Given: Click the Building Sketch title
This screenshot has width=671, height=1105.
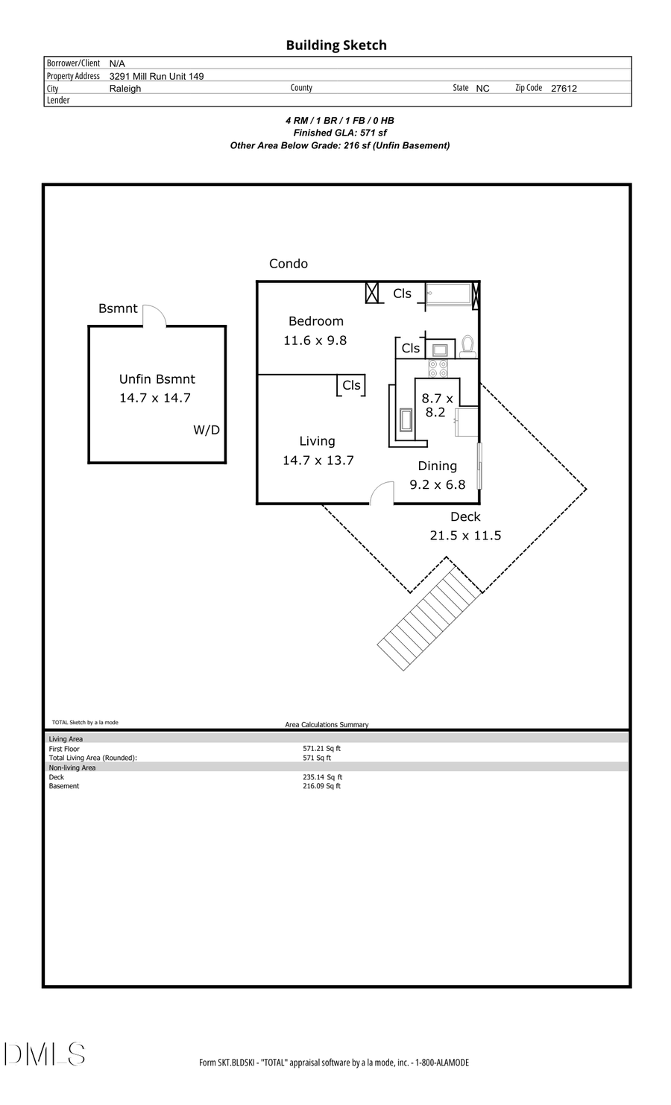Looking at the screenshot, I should (x=336, y=45).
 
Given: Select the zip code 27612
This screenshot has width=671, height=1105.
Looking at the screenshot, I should (x=564, y=88).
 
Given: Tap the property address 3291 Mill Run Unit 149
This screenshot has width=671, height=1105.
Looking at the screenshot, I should (x=157, y=76).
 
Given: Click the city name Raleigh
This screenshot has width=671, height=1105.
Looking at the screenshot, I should (x=125, y=88).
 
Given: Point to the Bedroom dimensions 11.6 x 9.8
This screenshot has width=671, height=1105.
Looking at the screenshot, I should (x=315, y=341).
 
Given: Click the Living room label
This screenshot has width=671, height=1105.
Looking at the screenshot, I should (x=317, y=441).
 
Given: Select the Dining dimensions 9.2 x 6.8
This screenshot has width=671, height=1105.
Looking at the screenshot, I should (x=438, y=484).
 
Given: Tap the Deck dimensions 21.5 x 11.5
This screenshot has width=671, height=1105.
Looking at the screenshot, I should (x=465, y=535).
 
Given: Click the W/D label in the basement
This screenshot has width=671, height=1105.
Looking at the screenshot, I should (x=207, y=430).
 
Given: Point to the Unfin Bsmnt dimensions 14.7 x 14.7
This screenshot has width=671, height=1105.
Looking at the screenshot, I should (x=155, y=398).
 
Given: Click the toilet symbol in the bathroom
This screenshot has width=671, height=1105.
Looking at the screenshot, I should (x=467, y=346).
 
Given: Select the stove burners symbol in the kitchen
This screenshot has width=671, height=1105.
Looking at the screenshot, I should (x=438, y=368).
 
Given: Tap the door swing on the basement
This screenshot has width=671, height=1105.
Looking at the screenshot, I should (x=154, y=315).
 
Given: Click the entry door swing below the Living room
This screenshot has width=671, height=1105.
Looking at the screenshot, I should (x=382, y=493).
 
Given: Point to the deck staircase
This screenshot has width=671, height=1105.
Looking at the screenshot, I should (x=429, y=618).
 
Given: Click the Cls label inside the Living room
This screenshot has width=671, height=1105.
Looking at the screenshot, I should (x=351, y=385).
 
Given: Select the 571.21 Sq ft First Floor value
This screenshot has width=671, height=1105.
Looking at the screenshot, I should (x=321, y=748).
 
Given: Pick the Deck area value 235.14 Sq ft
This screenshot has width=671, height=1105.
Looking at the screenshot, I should (x=322, y=777).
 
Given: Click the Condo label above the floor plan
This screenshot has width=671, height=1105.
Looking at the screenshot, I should (x=289, y=264).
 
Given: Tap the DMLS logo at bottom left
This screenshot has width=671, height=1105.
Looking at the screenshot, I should (x=45, y=1054).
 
